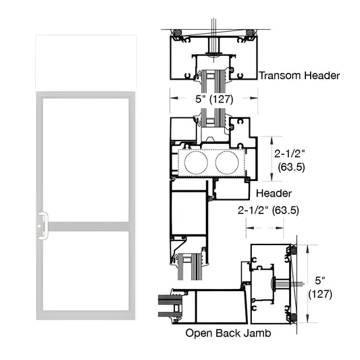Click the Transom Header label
300,76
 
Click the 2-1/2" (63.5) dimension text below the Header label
268,210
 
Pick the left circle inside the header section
197,163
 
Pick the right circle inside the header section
227,163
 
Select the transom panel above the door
87,61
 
